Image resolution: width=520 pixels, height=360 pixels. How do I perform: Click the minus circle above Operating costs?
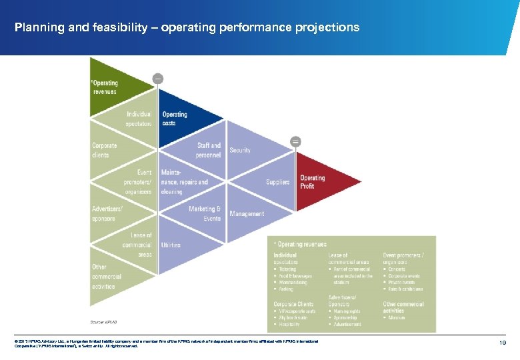click(x=157, y=78)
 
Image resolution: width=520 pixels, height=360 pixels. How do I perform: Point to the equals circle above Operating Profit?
click(x=295, y=141)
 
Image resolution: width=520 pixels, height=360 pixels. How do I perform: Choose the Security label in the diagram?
click(x=240, y=150)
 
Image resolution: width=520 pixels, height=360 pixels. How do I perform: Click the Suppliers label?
click(x=277, y=182)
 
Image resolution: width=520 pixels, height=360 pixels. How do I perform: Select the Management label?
click(x=247, y=214)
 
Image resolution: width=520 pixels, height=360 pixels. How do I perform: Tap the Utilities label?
click(x=171, y=245)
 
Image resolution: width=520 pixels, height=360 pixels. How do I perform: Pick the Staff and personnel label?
click(x=209, y=150)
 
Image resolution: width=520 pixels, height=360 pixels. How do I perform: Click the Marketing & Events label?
click(x=205, y=213)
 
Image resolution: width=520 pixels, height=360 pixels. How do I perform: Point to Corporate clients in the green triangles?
click(x=104, y=150)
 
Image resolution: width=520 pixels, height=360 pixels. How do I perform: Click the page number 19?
click(x=504, y=342)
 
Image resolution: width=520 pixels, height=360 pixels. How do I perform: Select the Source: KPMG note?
click(x=103, y=321)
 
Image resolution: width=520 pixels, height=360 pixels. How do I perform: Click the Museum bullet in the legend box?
click(x=397, y=318)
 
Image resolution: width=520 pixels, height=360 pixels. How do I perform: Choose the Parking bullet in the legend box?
click(x=286, y=289)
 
